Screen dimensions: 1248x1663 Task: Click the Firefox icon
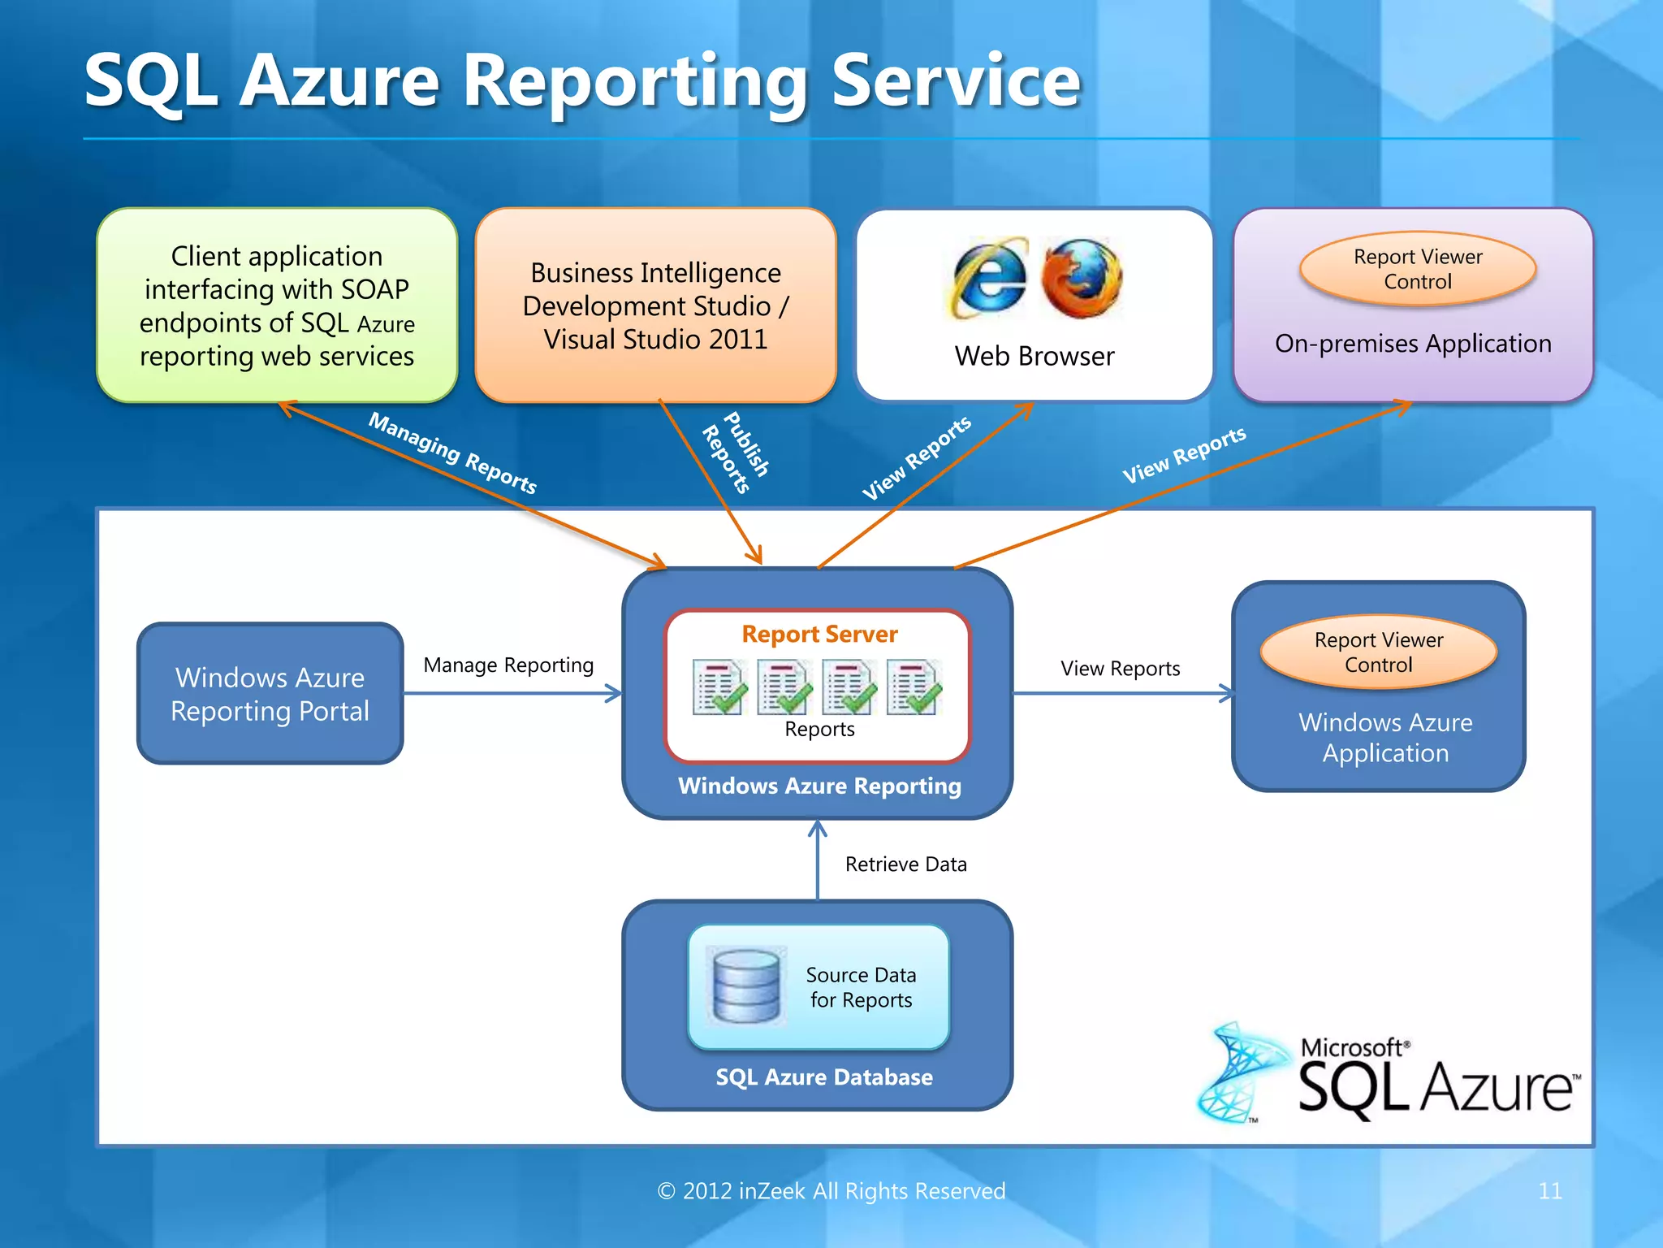pyautogui.click(x=1082, y=279)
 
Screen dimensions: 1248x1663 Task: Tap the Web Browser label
pyautogui.click(x=1035, y=357)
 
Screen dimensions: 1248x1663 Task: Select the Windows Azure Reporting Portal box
pyautogui.click(x=270, y=694)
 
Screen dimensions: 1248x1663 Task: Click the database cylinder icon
pyautogui.click(x=745, y=986)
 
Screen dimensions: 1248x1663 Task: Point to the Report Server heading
pyautogui.click(x=819, y=634)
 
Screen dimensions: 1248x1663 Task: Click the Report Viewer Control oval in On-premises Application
pyautogui.click(x=1418, y=269)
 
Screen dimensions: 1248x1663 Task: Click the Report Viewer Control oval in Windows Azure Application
pyautogui.click(x=1379, y=652)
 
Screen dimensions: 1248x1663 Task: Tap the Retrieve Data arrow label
pyautogui.click(x=905, y=864)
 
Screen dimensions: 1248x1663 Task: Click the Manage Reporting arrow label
pyautogui.click(x=508, y=665)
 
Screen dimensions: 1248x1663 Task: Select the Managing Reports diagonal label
pyautogui.click(x=452, y=453)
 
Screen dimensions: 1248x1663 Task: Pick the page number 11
pyautogui.click(x=1549, y=1191)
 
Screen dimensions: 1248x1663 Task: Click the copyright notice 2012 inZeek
pyautogui.click(x=831, y=1191)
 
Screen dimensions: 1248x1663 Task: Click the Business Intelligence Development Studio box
pyautogui.click(x=655, y=305)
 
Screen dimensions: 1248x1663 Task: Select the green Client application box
pyautogui.click(x=277, y=305)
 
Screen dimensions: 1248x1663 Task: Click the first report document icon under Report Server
pyautogui.click(x=719, y=687)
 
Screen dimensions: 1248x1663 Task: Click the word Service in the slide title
pyautogui.click(x=956, y=80)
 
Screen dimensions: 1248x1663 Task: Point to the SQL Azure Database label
pyautogui.click(x=823, y=1077)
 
